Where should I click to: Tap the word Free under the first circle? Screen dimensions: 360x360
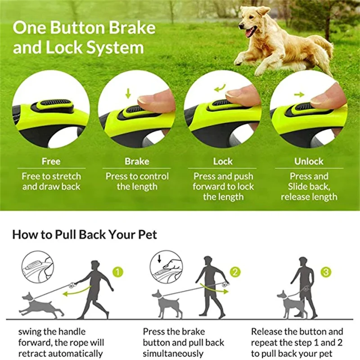click(x=51, y=161)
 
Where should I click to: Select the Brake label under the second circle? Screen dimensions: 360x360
click(x=136, y=161)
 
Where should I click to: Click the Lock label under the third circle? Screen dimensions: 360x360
click(x=223, y=161)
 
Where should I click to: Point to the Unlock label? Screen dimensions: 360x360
click(x=309, y=161)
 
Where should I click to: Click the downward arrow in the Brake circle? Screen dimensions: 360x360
click(x=128, y=93)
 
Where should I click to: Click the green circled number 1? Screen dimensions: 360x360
click(x=117, y=272)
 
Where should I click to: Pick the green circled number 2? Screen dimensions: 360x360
click(x=235, y=271)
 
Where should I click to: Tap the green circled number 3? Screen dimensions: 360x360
click(x=326, y=271)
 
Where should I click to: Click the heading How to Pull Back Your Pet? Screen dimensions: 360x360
click(x=85, y=234)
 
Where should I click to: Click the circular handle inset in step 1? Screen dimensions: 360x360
click(x=38, y=266)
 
